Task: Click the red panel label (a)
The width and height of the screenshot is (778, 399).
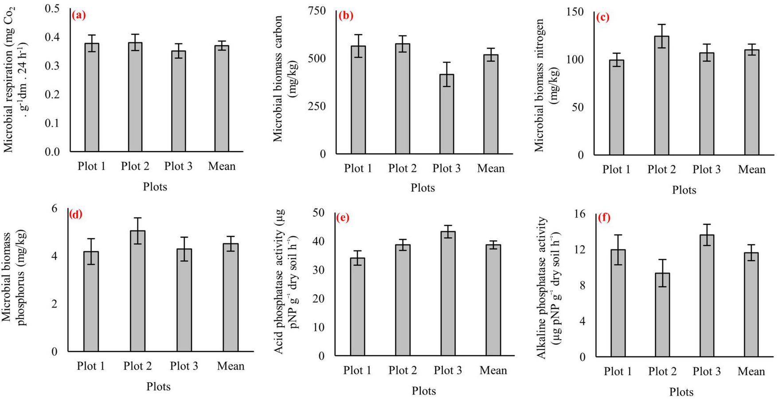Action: click(x=78, y=16)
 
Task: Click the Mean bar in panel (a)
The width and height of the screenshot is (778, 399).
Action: click(x=222, y=98)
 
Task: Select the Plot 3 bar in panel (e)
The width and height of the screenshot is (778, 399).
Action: click(x=448, y=293)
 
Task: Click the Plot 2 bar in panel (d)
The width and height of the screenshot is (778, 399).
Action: click(x=137, y=291)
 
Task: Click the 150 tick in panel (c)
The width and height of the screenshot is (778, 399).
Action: click(x=575, y=12)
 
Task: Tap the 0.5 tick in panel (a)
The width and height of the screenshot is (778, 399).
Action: click(x=52, y=8)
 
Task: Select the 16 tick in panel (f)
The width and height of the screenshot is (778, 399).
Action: click(x=579, y=214)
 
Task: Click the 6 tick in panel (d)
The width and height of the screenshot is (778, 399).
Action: click(x=55, y=208)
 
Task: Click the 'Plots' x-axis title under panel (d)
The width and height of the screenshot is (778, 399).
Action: click(x=158, y=387)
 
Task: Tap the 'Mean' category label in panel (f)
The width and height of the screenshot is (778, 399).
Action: click(x=751, y=372)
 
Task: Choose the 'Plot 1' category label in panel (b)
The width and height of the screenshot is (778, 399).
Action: click(x=358, y=168)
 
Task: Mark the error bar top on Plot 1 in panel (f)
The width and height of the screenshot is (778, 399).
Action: click(x=618, y=235)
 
